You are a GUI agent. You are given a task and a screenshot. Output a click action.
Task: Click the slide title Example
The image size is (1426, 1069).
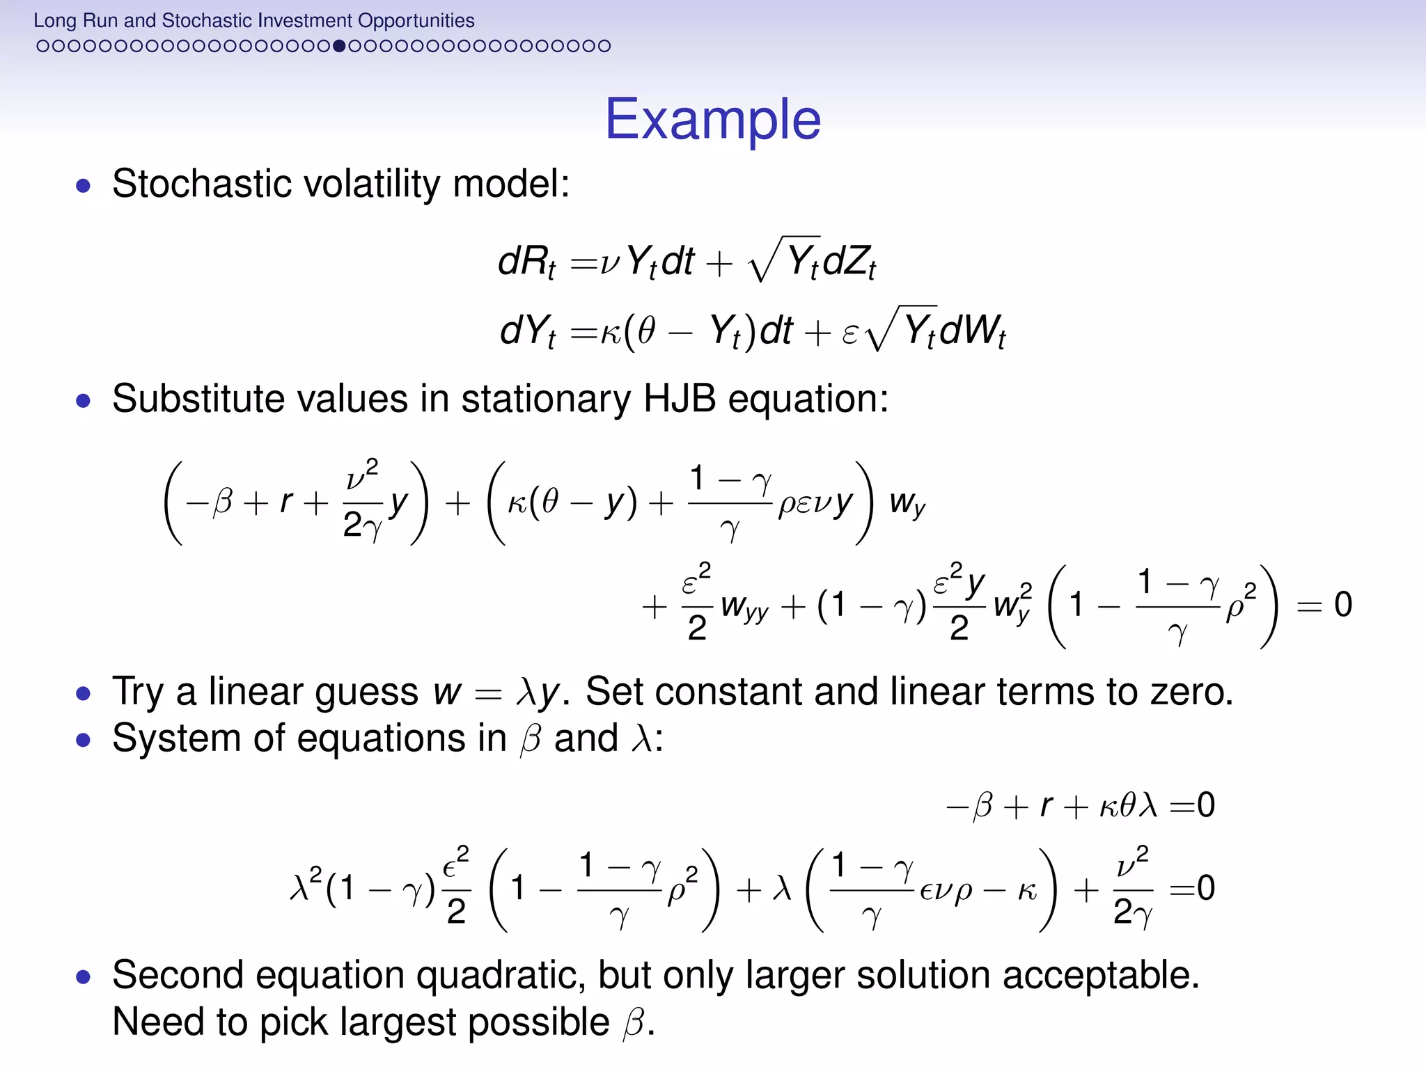pyautogui.click(x=712, y=120)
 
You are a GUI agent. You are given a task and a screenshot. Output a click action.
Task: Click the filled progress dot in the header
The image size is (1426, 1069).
pyautogui.click(x=339, y=46)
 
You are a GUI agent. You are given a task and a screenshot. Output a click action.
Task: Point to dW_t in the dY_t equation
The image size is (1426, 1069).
pyautogui.click(x=972, y=331)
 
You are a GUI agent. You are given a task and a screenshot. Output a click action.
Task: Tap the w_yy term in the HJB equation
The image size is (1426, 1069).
pyautogui.click(x=744, y=606)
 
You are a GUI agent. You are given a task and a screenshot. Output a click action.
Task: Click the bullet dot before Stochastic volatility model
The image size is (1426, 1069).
pyautogui.click(x=84, y=186)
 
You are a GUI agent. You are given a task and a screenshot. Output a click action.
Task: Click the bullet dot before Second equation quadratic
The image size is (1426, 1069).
pyautogui.click(x=84, y=977)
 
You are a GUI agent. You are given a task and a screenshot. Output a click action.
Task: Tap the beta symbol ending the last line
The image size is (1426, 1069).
pyautogui.click(x=634, y=1023)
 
